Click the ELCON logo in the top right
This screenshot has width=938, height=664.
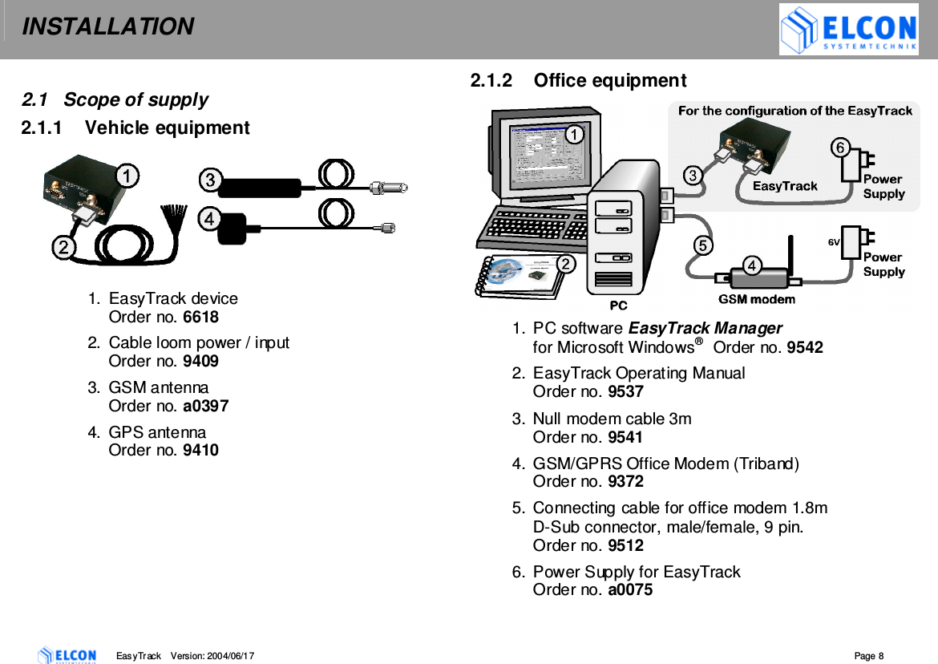848,30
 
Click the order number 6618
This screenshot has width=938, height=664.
200,317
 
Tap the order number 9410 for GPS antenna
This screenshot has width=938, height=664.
200,450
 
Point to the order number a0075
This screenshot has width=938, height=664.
630,590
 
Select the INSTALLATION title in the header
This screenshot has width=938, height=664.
107,26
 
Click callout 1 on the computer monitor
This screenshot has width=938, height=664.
574,135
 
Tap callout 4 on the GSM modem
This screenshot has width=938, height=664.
752,265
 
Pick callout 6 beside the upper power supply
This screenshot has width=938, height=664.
839,148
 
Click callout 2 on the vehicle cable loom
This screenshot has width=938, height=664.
65,247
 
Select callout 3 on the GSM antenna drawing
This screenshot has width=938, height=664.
210,180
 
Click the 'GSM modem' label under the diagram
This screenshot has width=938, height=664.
756,299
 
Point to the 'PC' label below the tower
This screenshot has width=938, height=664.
618,306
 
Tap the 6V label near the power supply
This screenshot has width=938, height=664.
834,241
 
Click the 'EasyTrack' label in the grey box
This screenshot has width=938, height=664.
784,186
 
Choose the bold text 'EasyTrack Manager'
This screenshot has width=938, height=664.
705,328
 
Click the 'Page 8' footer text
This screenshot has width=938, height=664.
868,656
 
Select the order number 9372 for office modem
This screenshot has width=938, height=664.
625,481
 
